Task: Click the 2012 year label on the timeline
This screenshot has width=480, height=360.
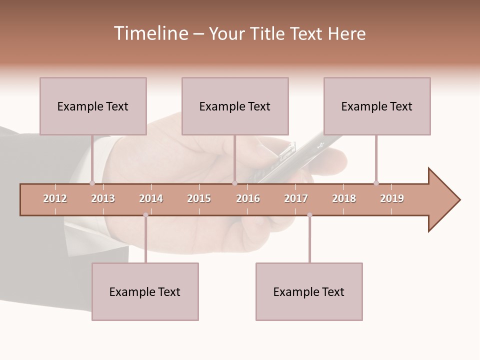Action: point(55,198)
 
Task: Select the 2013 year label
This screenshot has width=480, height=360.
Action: point(103,198)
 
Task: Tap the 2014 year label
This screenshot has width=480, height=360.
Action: point(151,198)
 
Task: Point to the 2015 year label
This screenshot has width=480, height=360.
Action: point(199,198)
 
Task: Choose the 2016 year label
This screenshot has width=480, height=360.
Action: point(248,198)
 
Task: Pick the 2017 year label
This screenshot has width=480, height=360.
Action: point(296,198)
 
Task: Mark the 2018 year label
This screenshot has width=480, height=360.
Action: point(344,198)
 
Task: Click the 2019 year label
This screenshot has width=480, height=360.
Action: point(392,198)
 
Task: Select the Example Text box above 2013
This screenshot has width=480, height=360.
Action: point(93,106)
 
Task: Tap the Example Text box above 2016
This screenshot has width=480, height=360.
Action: point(235,106)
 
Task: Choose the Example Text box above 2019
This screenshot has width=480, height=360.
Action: point(377,106)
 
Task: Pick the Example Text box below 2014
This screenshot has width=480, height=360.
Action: point(145,291)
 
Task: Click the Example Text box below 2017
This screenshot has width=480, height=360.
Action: point(309,291)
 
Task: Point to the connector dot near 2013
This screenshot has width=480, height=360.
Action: point(92,183)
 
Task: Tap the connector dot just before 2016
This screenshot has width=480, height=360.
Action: point(234,183)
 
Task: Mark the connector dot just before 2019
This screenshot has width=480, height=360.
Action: point(376,183)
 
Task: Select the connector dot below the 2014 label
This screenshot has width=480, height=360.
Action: point(145,215)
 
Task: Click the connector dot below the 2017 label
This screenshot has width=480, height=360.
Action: point(309,215)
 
